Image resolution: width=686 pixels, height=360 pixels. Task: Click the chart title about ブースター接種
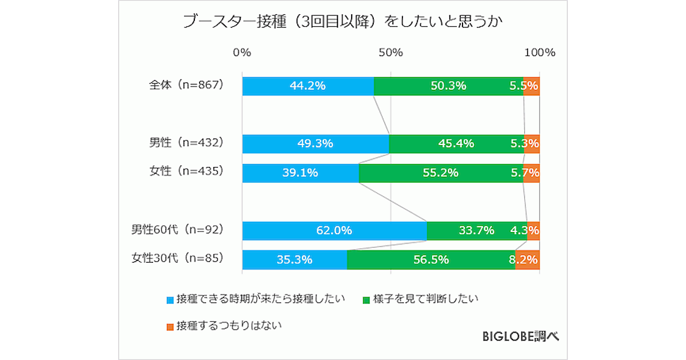click(342, 22)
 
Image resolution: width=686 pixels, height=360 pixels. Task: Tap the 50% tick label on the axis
click(391, 53)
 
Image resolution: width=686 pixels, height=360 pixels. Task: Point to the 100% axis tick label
click(540, 53)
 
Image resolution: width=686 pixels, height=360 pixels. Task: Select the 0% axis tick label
click(242, 53)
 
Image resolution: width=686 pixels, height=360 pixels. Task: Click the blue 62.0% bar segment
click(334, 231)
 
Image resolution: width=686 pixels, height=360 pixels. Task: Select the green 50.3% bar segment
click(448, 86)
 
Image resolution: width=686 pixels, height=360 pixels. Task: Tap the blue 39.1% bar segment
click(300, 173)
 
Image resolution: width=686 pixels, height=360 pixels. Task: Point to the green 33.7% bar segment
click(477, 231)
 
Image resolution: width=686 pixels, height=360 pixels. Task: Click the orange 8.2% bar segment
click(527, 260)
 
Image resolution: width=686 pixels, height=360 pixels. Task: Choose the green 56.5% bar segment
click(431, 260)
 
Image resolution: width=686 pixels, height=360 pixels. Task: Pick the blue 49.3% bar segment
click(316, 144)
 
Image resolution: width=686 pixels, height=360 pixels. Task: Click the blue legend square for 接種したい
click(170, 299)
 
